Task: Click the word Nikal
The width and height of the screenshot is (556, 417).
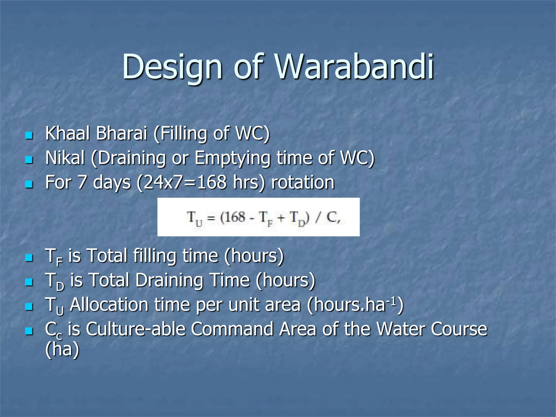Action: tap(65, 158)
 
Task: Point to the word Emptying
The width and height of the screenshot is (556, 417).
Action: tap(232, 158)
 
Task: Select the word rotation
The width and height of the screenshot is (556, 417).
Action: tap(303, 182)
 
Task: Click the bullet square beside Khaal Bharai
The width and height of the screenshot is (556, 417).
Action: tap(29, 135)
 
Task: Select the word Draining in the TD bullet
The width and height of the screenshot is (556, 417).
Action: tap(169, 280)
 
